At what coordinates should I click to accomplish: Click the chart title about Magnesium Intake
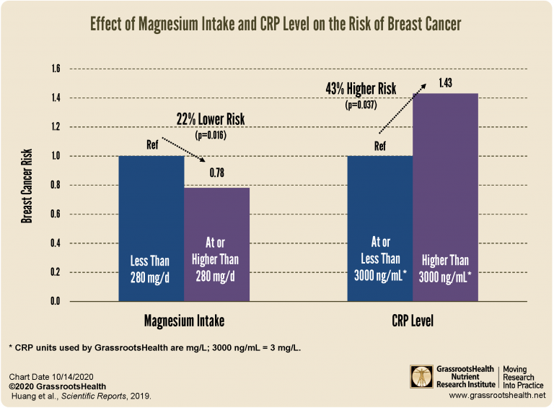point(275,25)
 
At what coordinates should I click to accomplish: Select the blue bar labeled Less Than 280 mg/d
point(151,228)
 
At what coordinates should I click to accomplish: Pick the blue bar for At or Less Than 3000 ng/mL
point(379,228)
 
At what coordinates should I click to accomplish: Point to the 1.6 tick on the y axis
point(55,69)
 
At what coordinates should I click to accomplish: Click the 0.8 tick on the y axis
point(55,186)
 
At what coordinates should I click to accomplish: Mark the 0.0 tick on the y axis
point(55,301)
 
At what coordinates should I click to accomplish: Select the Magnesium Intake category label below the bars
point(183,318)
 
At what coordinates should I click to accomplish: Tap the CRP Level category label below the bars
point(412,318)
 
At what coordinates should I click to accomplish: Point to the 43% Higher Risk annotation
point(358,90)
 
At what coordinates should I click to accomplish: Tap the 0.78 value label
point(217,173)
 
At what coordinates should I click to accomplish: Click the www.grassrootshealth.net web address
point(496,396)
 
